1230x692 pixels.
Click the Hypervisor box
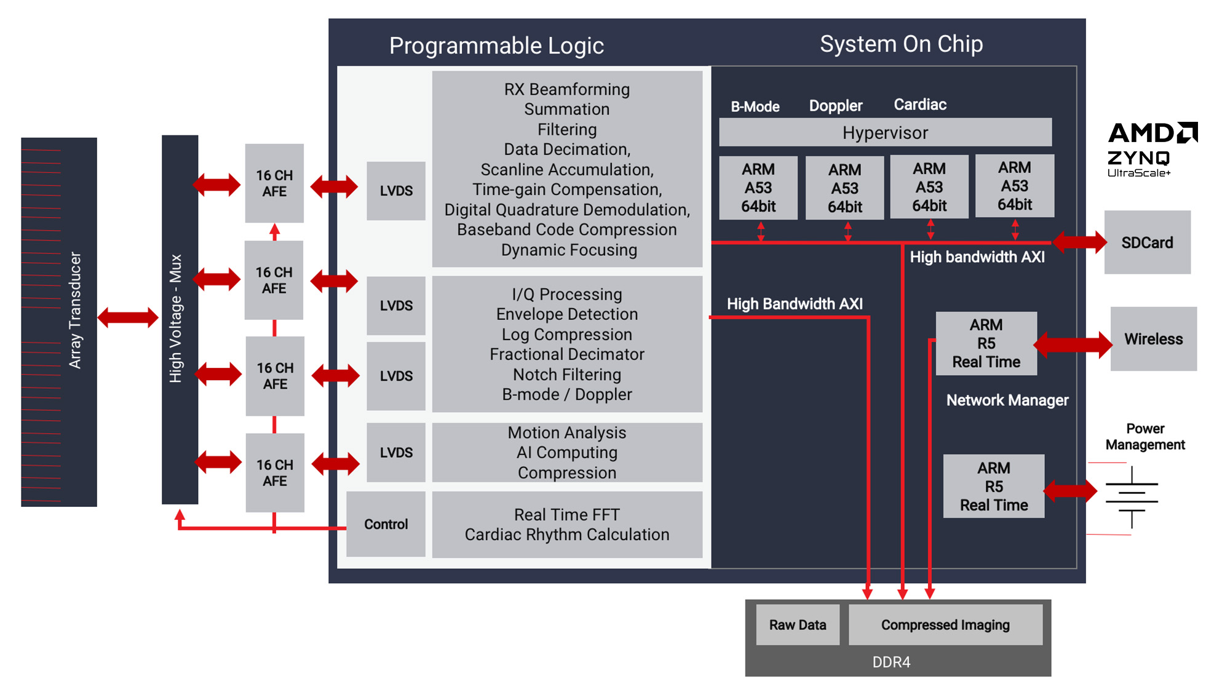[885, 132]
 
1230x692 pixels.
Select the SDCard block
[1147, 242]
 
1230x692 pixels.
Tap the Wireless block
[1153, 339]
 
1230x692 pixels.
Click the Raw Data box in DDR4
[797, 625]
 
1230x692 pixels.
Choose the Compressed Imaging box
[945, 625]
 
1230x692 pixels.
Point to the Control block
[386, 524]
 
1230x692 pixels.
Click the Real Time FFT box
[566, 525]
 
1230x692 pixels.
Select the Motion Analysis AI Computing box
[566, 453]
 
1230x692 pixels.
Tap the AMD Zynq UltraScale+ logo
[1151, 149]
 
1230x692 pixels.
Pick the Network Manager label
[1007, 400]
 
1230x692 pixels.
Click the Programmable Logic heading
[496, 46]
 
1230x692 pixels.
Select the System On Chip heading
[901, 44]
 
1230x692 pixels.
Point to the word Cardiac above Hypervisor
[919, 105]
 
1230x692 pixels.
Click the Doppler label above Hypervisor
[835, 106]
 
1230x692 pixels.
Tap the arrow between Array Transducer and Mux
[128, 317]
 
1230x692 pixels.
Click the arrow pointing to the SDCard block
[1079, 242]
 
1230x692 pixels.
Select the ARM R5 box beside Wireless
[986, 343]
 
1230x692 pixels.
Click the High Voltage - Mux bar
[180, 319]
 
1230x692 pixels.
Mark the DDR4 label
[891, 662]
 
